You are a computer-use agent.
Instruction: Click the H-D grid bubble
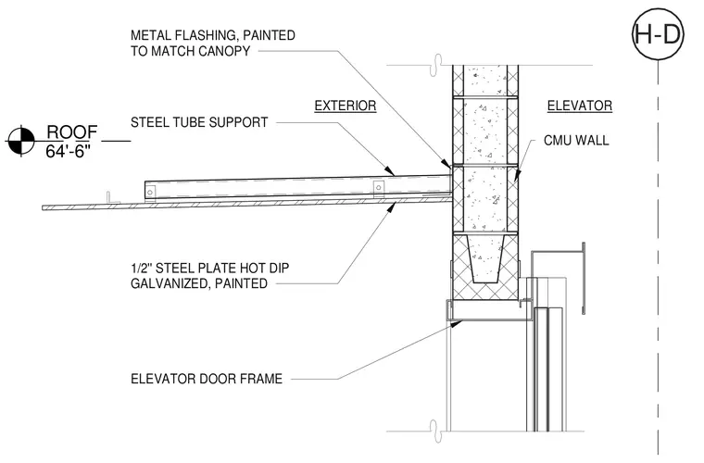[658, 34]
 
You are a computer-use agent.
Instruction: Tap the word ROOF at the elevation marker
[72, 132]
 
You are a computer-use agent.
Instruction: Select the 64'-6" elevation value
[68, 152]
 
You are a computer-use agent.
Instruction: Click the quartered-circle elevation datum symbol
[21, 142]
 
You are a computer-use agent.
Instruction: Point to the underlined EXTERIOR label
[345, 106]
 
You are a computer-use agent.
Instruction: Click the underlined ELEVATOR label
[579, 106]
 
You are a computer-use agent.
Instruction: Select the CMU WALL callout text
[576, 141]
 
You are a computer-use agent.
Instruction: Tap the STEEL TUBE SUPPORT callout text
[199, 122]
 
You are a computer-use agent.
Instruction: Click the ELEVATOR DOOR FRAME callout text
[207, 379]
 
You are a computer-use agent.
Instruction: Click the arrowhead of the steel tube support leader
[390, 171]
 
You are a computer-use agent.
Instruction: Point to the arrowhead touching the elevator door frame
[456, 323]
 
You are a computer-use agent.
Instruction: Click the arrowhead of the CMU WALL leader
[517, 174]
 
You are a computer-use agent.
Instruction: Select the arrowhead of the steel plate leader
[392, 206]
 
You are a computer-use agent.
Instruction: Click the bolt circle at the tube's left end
[149, 193]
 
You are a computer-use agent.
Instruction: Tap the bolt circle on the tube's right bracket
[379, 188]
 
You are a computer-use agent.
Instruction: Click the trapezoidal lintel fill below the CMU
[485, 258]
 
